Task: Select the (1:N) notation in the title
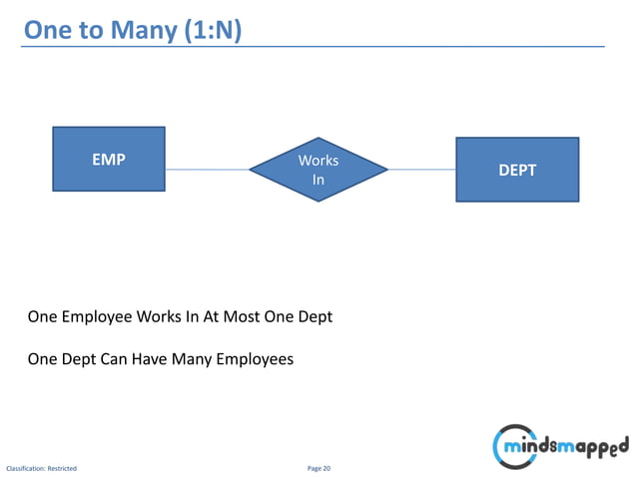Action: pos(212,31)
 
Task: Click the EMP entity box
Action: pos(109,159)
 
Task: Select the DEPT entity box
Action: pos(517,171)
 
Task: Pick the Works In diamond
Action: pos(318,170)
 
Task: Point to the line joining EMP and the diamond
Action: pos(207,170)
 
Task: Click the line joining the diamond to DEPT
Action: pos(422,170)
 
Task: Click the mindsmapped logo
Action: pos(559,445)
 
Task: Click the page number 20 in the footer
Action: pos(325,468)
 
